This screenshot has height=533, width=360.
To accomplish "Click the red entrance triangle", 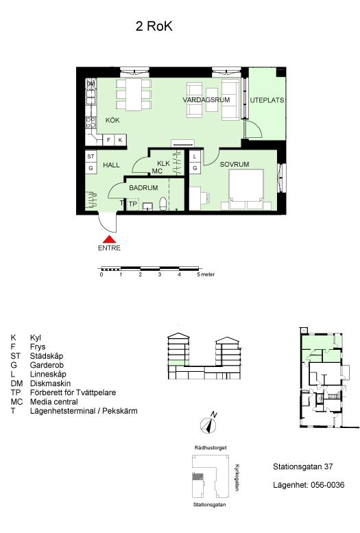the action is (109, 239).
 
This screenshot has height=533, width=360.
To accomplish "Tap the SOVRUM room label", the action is (235, 164).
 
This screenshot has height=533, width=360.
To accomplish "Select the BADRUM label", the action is (143, 188).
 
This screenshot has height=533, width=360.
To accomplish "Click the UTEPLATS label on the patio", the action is (267, 100).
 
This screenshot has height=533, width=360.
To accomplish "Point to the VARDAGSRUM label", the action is (206, 100).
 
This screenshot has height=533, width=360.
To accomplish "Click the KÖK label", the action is (112, 120).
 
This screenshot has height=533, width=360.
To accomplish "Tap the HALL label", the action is (112, 165).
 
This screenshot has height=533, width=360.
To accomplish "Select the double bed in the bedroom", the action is (246, 189).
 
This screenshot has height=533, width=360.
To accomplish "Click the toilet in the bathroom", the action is (163, 204).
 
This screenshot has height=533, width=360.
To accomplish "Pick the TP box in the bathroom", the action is (132, 204).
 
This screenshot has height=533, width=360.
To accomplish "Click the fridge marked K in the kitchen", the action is (120, 140).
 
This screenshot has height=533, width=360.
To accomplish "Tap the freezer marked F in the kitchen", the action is (108, 140).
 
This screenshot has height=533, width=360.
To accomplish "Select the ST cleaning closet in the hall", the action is (91, 156).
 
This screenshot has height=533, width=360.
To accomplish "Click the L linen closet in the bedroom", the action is (195, 156).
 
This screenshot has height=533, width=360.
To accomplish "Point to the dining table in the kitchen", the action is (134, 95).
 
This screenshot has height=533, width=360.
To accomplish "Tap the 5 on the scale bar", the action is (199, 274).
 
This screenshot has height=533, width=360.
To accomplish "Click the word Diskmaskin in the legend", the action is (50, 383).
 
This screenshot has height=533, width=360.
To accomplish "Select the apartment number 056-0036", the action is (327, 485).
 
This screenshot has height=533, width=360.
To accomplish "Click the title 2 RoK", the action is (154, 26).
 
